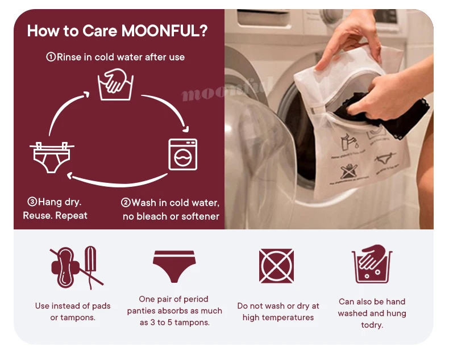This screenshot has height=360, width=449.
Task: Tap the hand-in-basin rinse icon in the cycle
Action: [115, 84]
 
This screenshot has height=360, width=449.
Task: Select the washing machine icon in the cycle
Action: [182, 154]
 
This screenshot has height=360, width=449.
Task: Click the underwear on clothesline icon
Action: [52, 157]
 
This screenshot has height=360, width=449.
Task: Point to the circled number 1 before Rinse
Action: [51, 57]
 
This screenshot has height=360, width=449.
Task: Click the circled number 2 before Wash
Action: [126, 203]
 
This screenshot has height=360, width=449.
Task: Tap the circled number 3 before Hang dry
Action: [32, 202]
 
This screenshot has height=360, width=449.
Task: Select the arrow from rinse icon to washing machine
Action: [168, 108]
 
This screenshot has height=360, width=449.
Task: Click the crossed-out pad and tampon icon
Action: [76, 266]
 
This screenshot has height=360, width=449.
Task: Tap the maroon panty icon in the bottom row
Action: [174, 265]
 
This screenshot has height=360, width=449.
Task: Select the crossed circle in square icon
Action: [276, 266]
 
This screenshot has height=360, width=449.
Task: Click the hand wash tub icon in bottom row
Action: [372, 264]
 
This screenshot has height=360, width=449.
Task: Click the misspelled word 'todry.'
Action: [372, 325]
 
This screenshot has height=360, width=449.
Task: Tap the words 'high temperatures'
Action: [278, 317]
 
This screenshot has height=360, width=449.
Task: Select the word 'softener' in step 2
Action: [200, 216]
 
